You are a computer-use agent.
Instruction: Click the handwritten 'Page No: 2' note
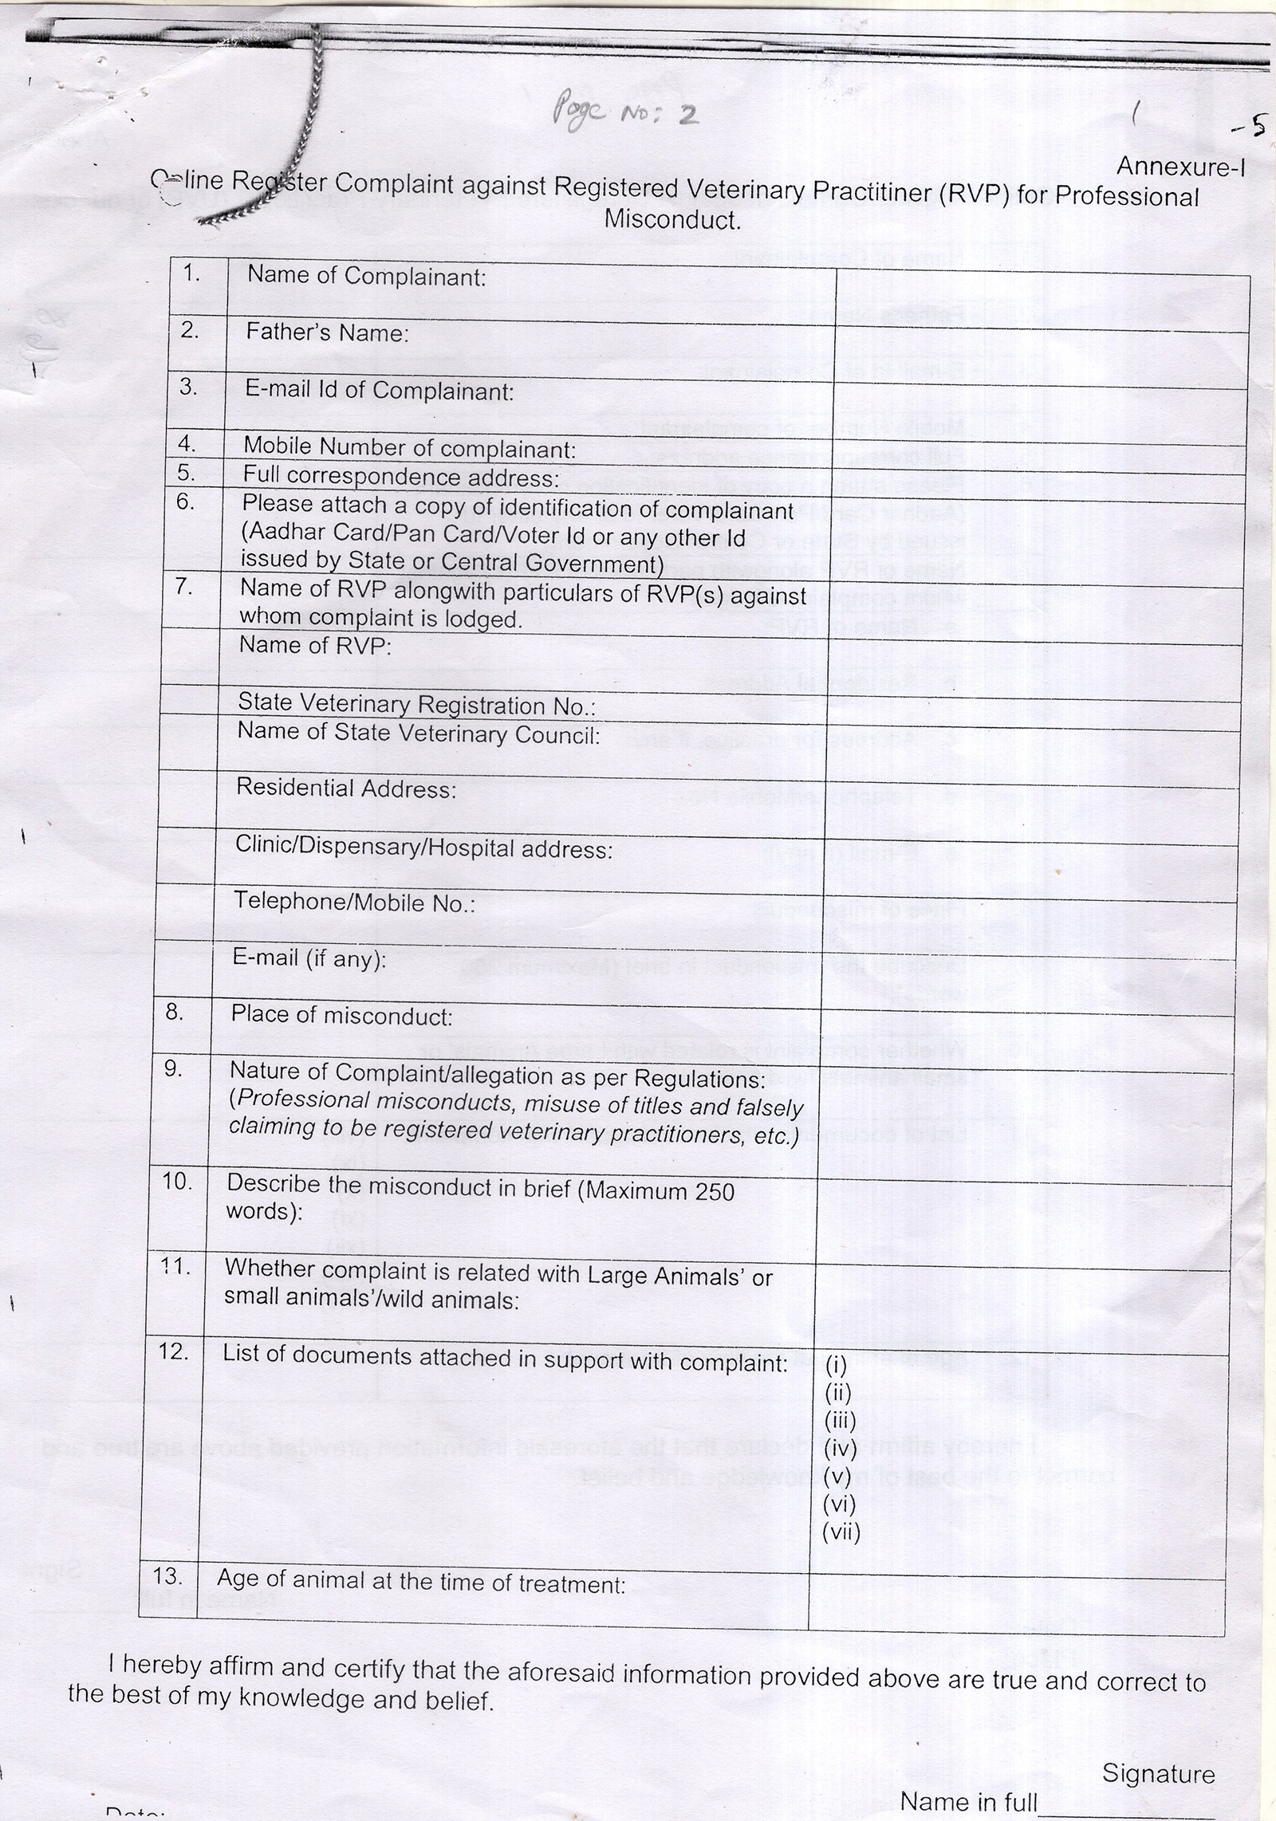tap(624, 114)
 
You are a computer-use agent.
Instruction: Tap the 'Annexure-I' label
tap(1180, 166)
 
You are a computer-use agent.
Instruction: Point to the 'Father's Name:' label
tap(327, 332)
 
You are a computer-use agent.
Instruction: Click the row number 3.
tap(187, 387)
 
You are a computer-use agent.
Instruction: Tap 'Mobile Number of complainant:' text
tap(409, 448)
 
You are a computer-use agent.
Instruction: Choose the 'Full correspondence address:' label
tap(401, 477)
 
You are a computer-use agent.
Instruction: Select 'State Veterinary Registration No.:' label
tap(417, 705)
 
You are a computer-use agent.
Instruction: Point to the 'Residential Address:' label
tap(346, 789)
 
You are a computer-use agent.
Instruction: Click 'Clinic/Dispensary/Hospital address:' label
tap(423, 848)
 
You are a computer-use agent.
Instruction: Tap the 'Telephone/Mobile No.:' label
tap(354, 903)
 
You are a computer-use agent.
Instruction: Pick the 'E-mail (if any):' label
tap(309, 958)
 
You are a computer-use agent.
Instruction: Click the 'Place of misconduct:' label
tap(341, 1016)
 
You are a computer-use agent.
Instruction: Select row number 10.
tap(178, 1182)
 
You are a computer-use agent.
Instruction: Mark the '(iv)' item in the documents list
tap(840, 1448)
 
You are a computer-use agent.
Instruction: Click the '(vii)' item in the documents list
tap(841, 1532)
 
